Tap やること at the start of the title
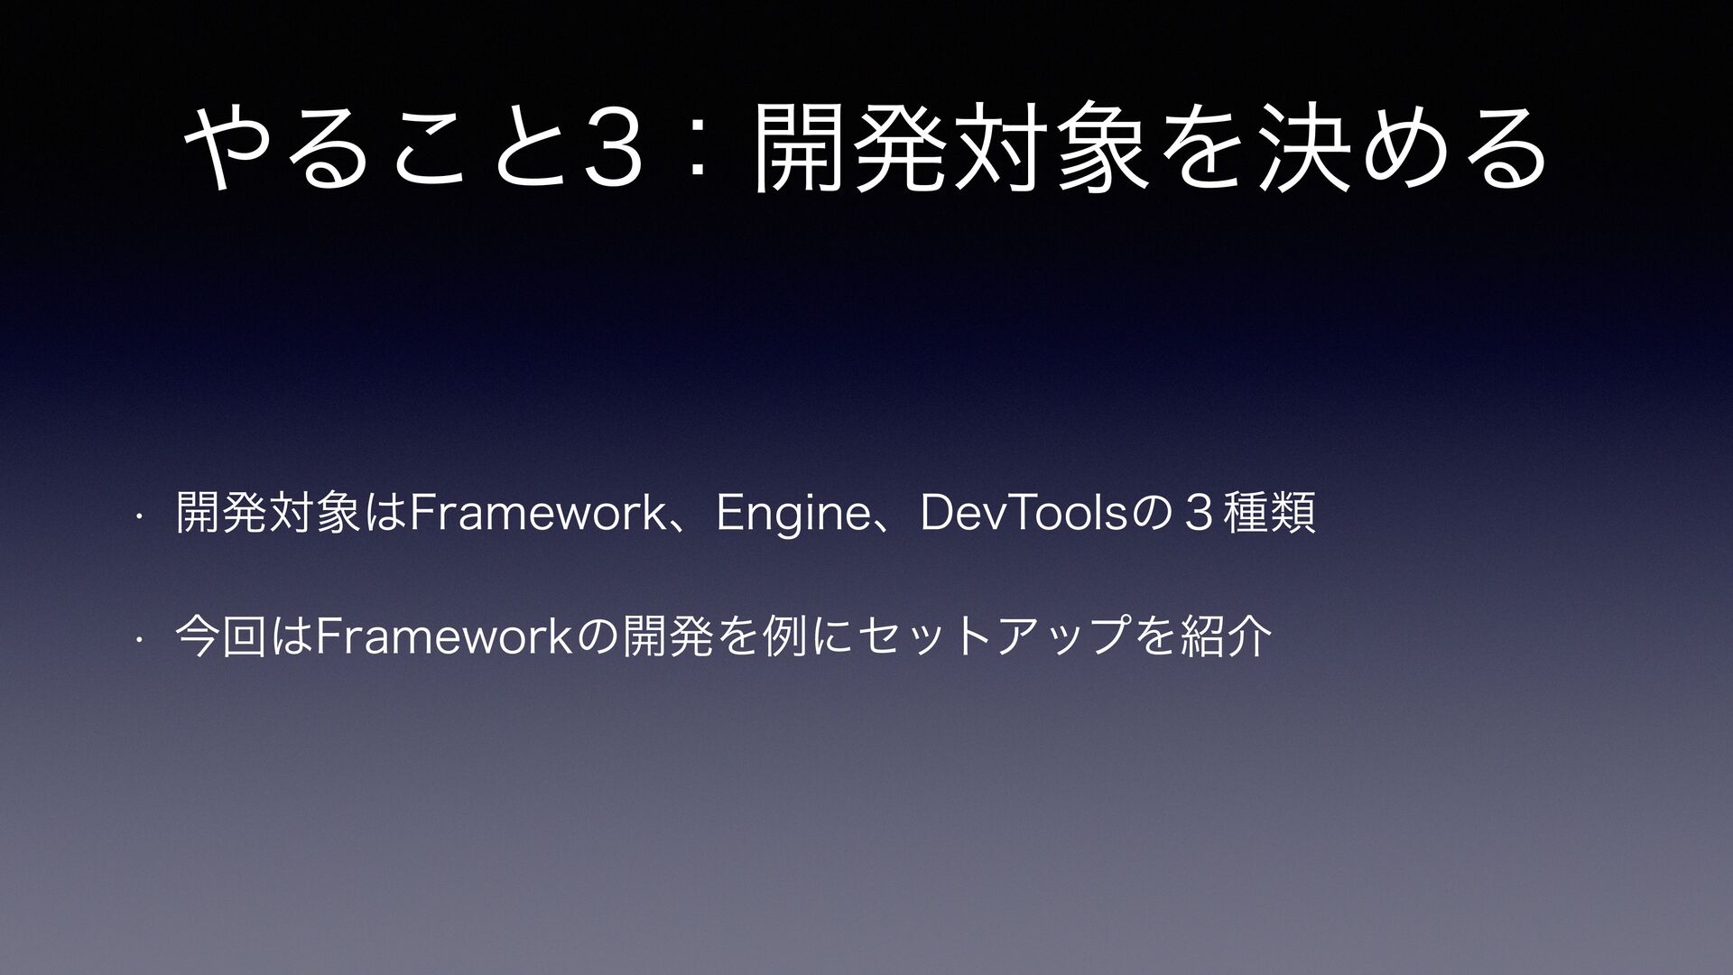coord(378,148)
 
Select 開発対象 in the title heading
coord(953,148)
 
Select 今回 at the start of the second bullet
coord(223,636)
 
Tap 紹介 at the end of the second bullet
coord(1225,636)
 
